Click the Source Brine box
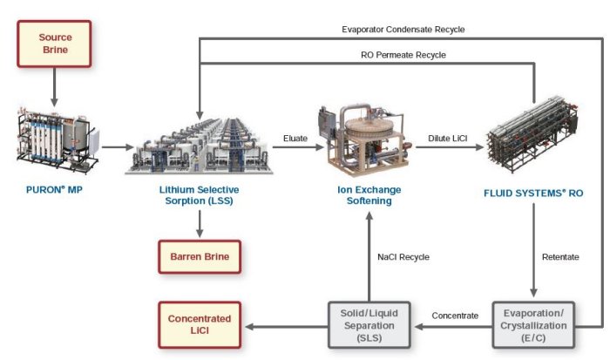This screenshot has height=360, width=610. pyautogui.click(x=55, y=44)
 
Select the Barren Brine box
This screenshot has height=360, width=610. pyautogui.click(x=200, y=258)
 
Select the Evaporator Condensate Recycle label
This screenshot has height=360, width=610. pyautogui.click(x=403, y=29)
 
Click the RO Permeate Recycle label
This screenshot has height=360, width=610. pyautogui.click(x=403, y=55)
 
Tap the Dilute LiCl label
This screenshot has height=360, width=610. pyautogui.click(x=449, y=137)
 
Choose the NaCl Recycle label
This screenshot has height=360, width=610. pyautogui.click(x=403, y=257)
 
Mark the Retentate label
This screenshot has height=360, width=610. pyautogui.click(x=560, y=257)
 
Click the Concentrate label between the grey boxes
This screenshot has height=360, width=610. pyautogui.click(x=456, y=316)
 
